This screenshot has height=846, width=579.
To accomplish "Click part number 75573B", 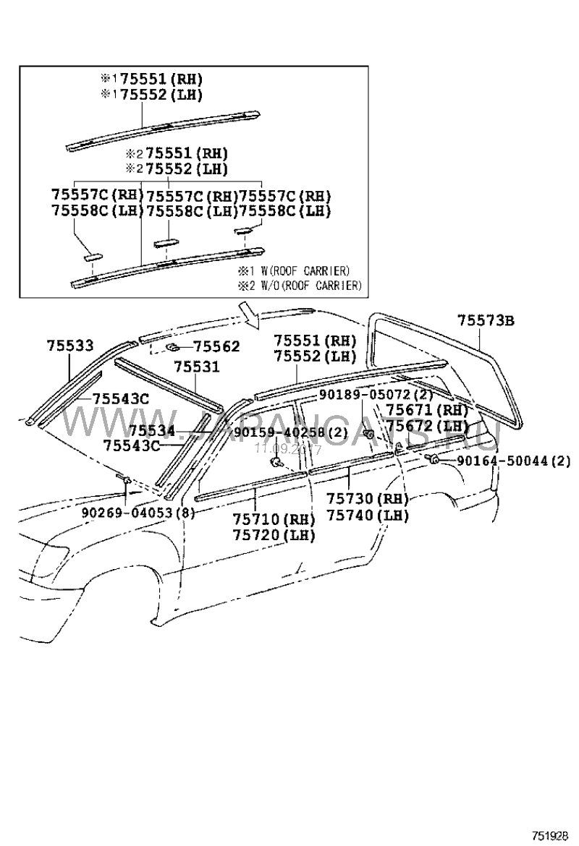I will pyautogui.click(x=486, y=320).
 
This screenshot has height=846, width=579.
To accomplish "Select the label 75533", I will pyautogui.click(x=71, y=346).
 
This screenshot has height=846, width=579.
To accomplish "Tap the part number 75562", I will pyautogui.click(x=216, y=348).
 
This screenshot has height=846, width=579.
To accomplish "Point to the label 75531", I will pyautogui.click(x=196, y=368).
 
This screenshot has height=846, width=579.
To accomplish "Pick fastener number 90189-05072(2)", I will pyautogui.click(x=376, y=395).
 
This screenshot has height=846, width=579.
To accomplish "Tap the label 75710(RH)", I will pyautogui.click(x=274, y=519).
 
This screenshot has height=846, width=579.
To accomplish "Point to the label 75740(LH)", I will pyautogui.click(x=367, y=516).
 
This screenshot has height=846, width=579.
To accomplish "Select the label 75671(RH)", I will pyautogui.click(x=427, y=410).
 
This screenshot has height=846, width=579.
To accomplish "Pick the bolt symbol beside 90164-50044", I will pyautogui.click(x=433, y=460).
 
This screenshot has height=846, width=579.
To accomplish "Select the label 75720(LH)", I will pyautogui.click(x=274, y=535).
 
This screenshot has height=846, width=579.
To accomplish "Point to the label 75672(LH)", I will pyautogui.click(x=427, y=426).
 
